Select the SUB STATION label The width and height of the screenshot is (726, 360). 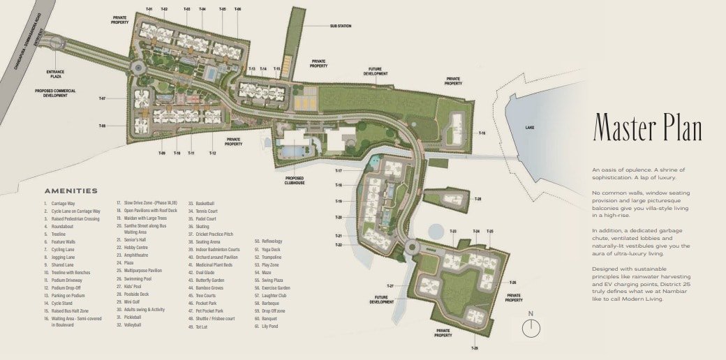(341, 26)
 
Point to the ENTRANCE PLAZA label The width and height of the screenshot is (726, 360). (55, 74)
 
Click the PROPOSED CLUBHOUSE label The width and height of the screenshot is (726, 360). (295, 180)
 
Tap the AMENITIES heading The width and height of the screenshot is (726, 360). (71, 190)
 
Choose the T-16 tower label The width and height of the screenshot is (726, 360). (482, 133)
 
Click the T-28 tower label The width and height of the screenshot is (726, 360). (477, 200)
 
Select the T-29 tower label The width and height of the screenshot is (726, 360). (474, 347)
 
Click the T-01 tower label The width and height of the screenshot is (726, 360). (149, 9)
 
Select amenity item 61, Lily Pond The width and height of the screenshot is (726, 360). (268, 325)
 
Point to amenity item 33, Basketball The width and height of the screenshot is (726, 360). (202, 203)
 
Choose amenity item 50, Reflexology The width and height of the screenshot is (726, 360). (269, 241)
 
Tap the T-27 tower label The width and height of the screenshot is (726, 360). (390, 286)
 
